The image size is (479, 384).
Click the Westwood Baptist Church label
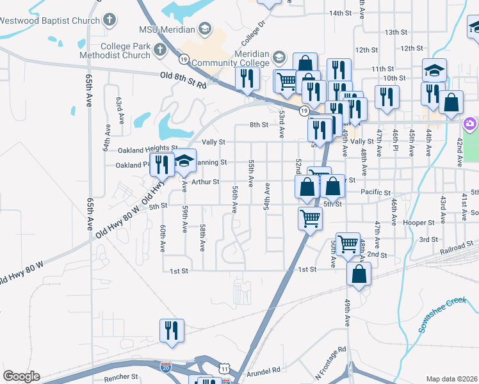50,20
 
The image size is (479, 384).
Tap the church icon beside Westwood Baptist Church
110,19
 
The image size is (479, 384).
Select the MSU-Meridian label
168,29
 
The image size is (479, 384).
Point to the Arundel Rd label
263,370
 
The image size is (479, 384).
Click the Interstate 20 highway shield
166,366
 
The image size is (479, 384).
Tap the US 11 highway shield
223,368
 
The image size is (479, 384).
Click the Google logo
21,376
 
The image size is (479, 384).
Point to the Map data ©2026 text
451,379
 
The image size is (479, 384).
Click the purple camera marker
470,123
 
